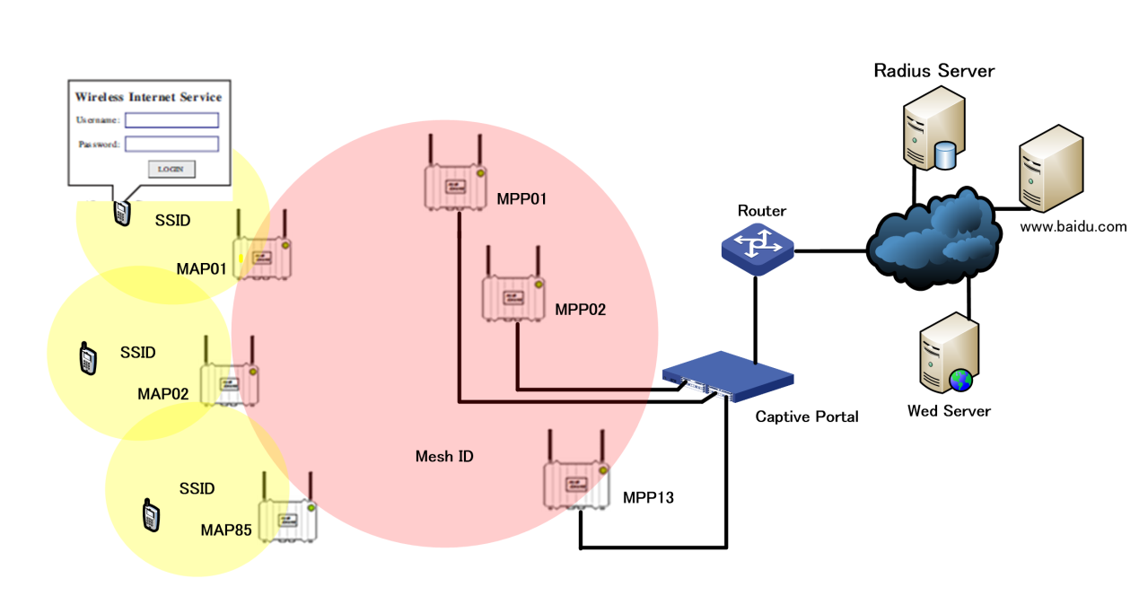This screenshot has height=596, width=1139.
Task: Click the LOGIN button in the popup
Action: pos(171,170)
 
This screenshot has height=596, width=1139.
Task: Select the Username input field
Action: pos(171,120)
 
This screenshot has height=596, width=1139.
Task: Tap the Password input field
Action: pos(171,144)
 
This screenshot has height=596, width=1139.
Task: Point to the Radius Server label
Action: pos(934,71)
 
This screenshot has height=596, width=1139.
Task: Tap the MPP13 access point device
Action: pos(576,469)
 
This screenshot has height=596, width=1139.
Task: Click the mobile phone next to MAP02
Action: pos(88,358)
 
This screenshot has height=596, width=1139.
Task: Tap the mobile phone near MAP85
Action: pos(151,515)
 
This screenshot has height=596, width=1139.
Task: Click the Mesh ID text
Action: pos(444,456)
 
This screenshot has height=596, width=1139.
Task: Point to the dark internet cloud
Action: pos(933,239)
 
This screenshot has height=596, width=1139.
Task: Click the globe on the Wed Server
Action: pos(960,381)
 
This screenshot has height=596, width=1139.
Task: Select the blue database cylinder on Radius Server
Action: pos(945,155)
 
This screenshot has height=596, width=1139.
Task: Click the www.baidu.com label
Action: pos(1073,227)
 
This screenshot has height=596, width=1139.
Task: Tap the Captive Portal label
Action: pos(806,417)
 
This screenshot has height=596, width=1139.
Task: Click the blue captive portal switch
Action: pos(728,376)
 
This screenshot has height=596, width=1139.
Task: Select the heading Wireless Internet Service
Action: pos(148,97)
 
